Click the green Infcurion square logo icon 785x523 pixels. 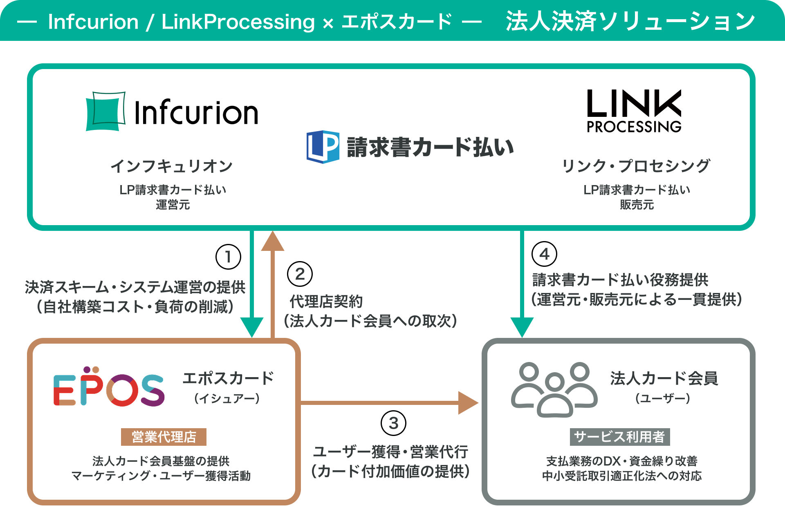click(105, 111)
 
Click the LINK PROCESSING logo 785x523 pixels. click(634, 111)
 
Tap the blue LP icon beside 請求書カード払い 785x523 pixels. click(323, 147)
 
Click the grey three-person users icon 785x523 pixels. click(554, 389)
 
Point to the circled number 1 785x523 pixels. click(228, 257)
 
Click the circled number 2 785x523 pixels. click(300, 274)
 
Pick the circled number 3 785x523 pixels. click(393, 423)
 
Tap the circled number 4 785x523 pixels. click(544, 254)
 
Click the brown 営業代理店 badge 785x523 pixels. click(164, 437)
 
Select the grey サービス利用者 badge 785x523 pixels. click(620, 437)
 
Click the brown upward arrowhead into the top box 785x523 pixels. click(272, 241)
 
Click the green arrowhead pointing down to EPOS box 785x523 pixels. click(252, 327)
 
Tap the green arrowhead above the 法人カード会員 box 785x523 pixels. click(522, 327)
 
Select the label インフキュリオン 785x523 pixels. click(172, 166)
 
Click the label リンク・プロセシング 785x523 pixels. click(636, 166)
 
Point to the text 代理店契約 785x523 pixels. click(326, 302)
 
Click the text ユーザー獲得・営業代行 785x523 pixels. click(390, 452)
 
